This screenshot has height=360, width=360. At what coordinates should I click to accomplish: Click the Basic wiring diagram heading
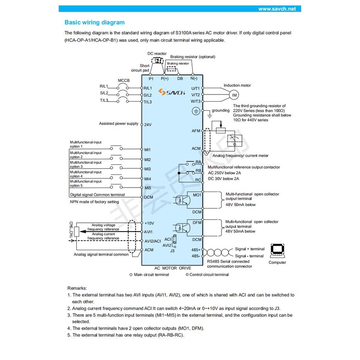94,22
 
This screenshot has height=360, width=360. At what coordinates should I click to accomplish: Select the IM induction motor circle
234,95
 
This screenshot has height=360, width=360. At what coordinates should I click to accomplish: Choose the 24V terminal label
148,124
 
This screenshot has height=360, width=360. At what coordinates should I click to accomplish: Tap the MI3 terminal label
147,169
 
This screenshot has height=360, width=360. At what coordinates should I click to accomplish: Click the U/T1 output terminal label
196,88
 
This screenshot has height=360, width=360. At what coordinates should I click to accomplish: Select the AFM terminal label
196,131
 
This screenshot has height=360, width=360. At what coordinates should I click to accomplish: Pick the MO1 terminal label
197,194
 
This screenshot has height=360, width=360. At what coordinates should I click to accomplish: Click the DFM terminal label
197,222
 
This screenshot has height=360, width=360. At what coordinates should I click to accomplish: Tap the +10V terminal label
149,223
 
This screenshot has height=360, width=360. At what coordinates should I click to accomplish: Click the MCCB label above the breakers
124,80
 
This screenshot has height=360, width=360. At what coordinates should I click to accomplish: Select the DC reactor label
157,53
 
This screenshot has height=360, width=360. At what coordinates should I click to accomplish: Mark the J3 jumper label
172,251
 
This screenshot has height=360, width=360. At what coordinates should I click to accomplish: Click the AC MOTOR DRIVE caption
173,268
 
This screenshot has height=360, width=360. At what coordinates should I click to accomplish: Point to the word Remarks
78,288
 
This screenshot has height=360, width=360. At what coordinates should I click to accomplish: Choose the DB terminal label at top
180,79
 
